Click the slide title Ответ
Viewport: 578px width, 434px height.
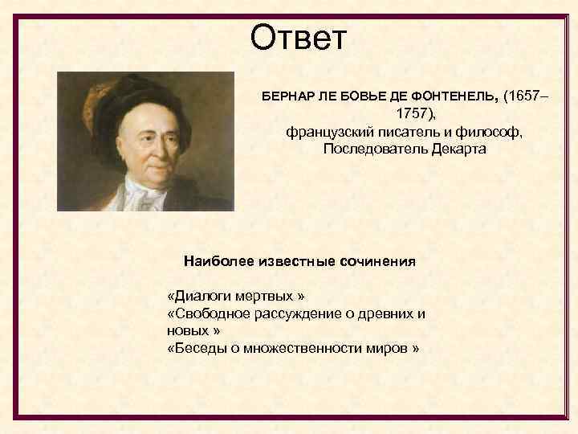pyautogui.click(x=298, y=38)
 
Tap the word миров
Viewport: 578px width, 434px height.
pyautogui.click(x=389, y=348)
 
